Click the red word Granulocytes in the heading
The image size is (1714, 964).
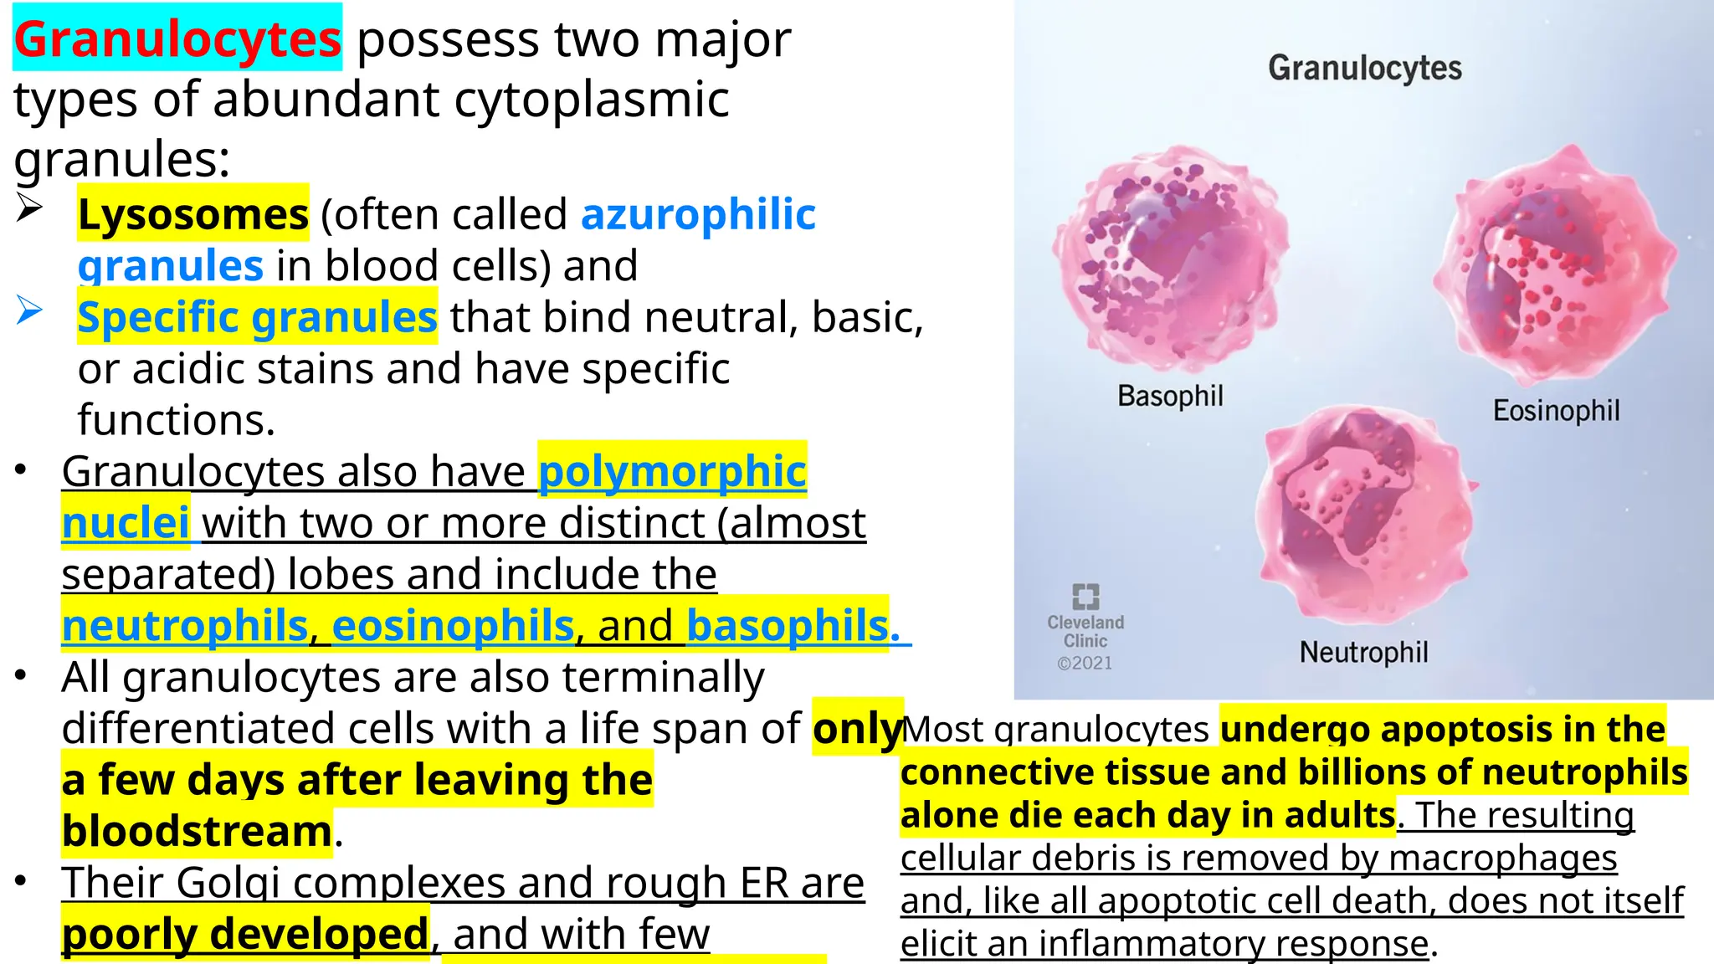[x=177, y=39]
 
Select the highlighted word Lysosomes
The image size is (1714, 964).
[x=193, y=214]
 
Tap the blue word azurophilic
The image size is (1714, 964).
[x=698, y=214]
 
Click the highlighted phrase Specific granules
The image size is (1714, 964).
[x=257, y=317]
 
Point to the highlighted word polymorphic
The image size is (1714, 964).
[x=672, y=471]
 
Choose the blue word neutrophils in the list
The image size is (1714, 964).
[x=185, y=625]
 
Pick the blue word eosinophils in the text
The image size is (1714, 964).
[x=453, y=625]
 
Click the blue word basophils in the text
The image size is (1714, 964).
[x=787, y=625]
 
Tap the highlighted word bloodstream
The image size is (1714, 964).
[x=197, y=831]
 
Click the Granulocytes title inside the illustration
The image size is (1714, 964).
[x=1364, y=68]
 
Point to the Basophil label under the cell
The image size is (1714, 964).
[x=1170, y=396]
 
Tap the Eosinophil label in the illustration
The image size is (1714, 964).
[x=1556, y=411]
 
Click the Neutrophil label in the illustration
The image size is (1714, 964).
[x=1363, y=652]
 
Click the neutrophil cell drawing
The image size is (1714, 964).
[x=1364, y=515]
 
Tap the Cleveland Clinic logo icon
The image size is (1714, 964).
[x=1085, y=597]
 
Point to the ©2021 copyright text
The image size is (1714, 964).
[x=1085, y=664]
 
